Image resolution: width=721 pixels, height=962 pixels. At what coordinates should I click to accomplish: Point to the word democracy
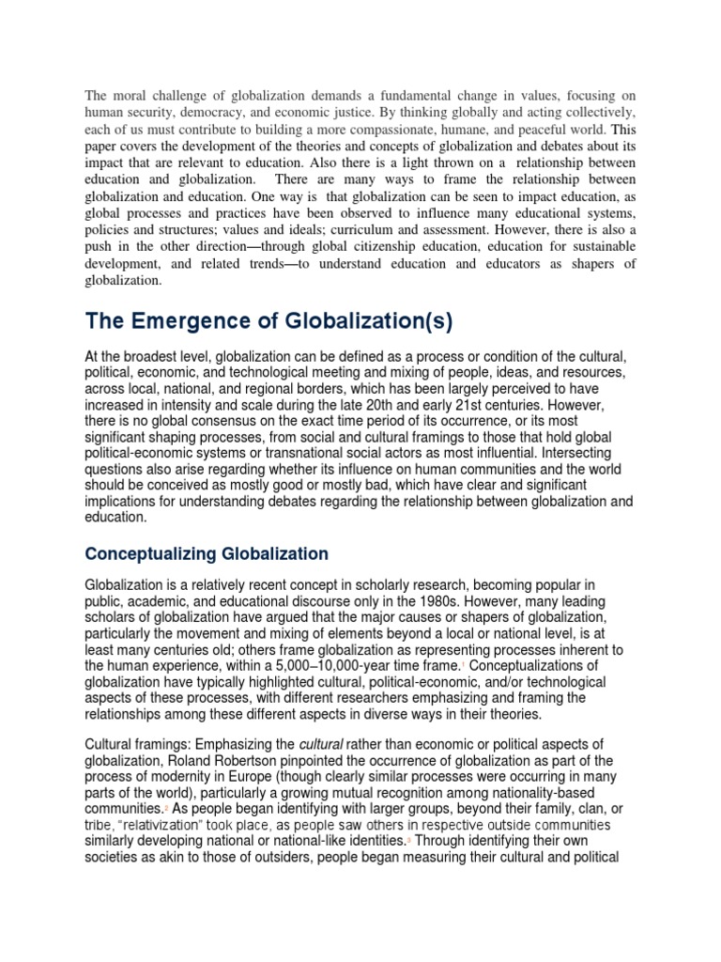click(x=204, y=111)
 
